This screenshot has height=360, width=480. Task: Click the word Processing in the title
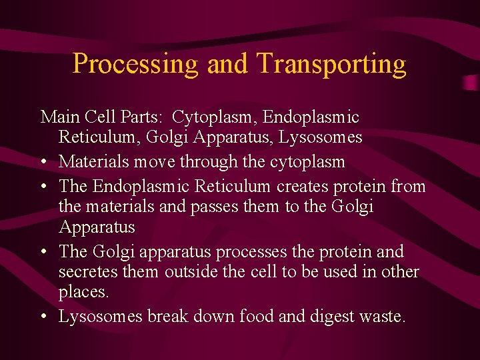coord(136,64)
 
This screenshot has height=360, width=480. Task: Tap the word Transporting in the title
coord(331,64)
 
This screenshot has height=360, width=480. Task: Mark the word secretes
coord(85,273)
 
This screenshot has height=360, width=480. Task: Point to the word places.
coord(84,293)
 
